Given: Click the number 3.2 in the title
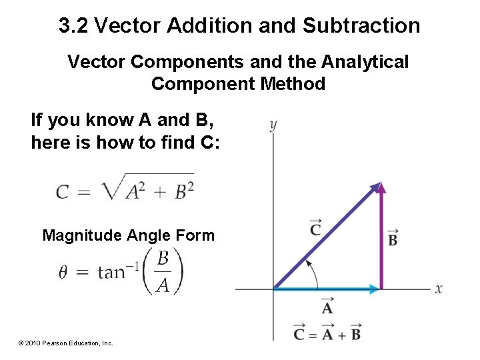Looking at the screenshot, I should point(74,26).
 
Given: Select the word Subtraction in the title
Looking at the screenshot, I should point(361,26).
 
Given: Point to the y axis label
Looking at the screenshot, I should point(273,125).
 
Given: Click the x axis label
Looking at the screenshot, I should point(439,289).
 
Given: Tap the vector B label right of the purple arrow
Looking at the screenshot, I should point(393,237).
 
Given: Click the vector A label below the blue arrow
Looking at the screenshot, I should point(327,307).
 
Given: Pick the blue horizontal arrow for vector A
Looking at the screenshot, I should point(327,289).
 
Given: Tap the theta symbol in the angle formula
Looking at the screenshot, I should point(63,273).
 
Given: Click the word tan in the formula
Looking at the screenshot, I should point(111,273).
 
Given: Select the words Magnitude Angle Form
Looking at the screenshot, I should point(128,235).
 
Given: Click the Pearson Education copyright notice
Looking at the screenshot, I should point(65,343).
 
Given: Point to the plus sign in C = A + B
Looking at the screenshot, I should point(338,333).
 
